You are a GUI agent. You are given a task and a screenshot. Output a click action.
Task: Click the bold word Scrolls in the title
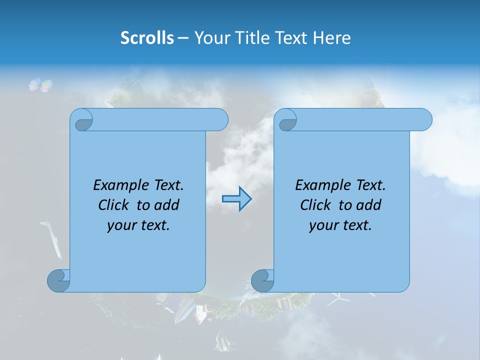coord(147,38)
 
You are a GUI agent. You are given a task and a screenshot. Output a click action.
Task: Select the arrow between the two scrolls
coord(236,199)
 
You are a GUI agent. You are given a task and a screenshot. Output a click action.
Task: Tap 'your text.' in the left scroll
coord(138,225)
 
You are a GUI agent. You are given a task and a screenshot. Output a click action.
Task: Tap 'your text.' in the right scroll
coord(340,225)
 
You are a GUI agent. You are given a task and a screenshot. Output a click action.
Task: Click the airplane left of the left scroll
coord(52,238)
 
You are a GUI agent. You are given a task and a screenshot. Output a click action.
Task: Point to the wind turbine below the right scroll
coord(338,299)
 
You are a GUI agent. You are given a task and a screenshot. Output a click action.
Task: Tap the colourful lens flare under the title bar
coord(40,85)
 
